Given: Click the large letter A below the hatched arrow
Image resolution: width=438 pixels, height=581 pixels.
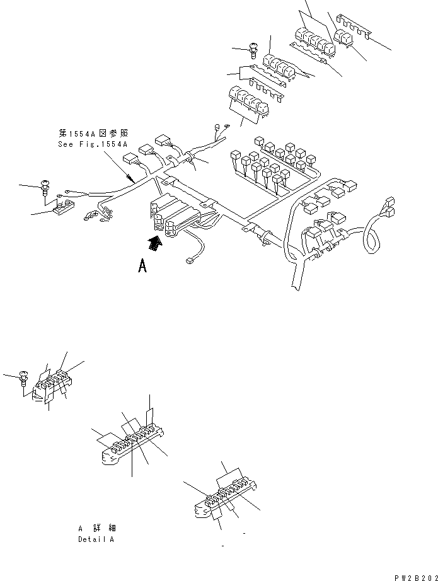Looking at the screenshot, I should (x=143, y=267).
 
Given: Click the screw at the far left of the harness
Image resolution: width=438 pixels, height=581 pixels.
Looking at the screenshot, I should (x=46, y=186).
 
